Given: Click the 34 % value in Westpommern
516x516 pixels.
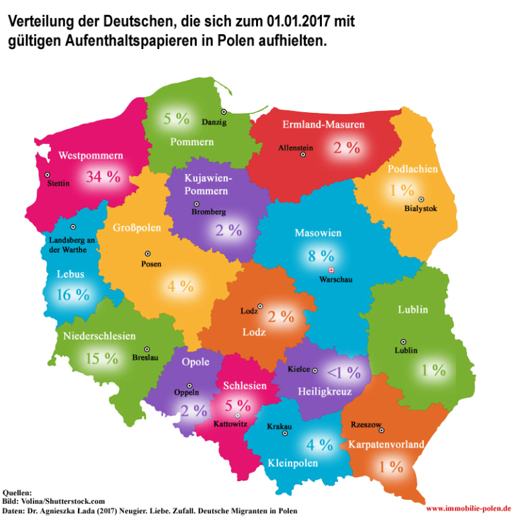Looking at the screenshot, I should [x=102, y=177].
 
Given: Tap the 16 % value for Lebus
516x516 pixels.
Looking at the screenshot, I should [x=73, y=294].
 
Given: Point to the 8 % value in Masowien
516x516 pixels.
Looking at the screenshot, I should [x=320, y=255].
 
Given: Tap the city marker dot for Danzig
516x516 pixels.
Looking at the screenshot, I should [x=224, y=112].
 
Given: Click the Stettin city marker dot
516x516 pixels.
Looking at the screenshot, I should [x=48, y=175].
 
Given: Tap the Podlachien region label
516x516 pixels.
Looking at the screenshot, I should [x=413, y=169].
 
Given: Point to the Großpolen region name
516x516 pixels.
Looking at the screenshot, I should [x=137, y=228].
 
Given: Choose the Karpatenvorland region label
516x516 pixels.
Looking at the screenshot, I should [x=386, y=444].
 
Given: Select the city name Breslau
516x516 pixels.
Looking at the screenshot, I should [x=146, y=358].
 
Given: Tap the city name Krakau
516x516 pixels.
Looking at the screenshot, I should [x=279, y=426].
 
